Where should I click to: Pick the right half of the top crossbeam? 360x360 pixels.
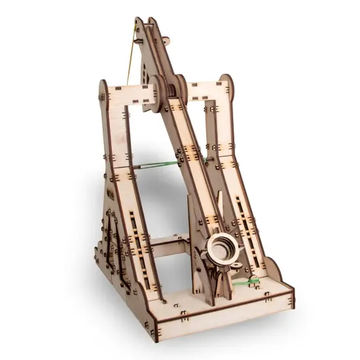pyautogui.click(x=200, y=91)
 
